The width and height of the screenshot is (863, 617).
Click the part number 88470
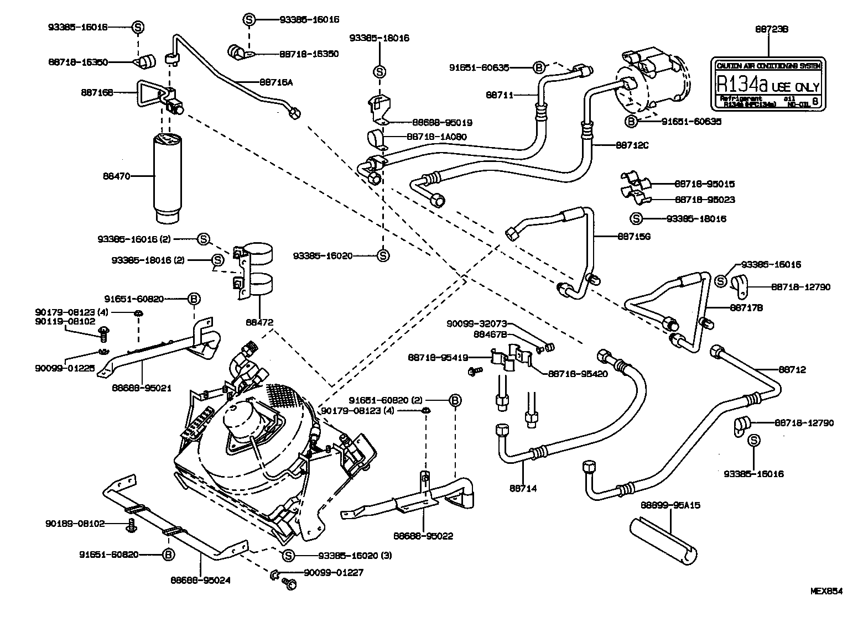[116, 176]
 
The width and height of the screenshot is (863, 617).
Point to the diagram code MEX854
[826, 591]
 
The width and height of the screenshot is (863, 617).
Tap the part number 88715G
[633, 236]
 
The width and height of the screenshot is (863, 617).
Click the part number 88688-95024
[200, 580]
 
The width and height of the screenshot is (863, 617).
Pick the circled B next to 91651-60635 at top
[538, 68]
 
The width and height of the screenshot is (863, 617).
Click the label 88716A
[275, 82]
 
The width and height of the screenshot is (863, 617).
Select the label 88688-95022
[424, 535]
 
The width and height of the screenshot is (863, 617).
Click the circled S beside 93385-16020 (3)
[287, 555]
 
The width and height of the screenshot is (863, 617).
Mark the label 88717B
[747, 307]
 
